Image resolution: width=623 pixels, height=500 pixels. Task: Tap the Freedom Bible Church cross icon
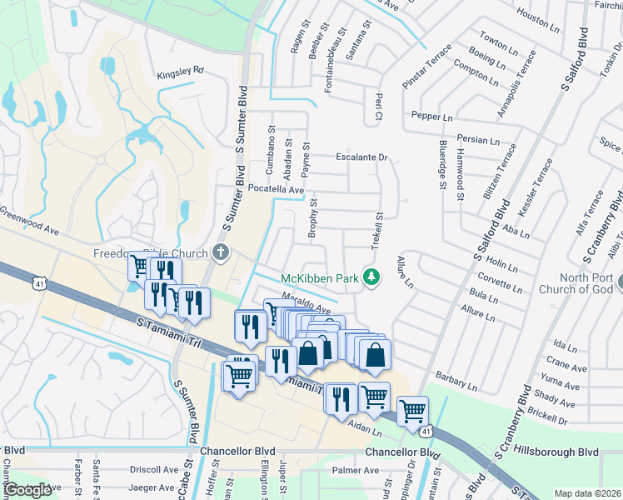coord(221,252)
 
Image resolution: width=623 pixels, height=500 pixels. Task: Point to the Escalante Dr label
coord(362,157)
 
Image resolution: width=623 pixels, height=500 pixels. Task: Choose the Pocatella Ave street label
coord(275,190)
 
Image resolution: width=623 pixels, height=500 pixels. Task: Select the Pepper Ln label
coord(431,117)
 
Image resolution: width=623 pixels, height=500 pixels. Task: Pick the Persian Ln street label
coord(477,141)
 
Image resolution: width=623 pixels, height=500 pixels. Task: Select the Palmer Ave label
coord(351,469)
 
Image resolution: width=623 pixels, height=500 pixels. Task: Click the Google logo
coord(27,490)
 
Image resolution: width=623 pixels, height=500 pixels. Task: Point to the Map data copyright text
coord(587,493)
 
